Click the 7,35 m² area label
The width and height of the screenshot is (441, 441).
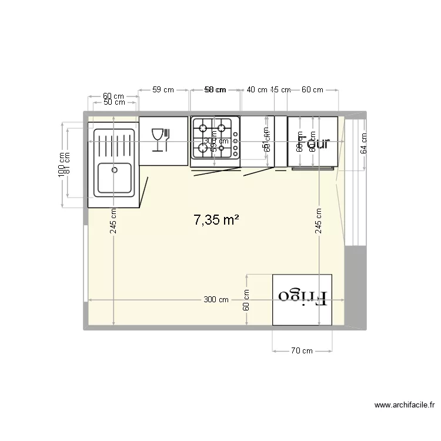(x=216, y=220)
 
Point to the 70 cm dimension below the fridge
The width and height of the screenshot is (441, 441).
(x=302, y=351)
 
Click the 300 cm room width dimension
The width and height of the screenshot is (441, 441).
(x=216, y=300)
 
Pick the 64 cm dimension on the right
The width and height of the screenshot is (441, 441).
(x=363, y=143)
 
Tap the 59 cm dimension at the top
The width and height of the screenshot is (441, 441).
(x=163, y=90)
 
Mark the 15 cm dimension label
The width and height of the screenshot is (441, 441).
(x=280, y=90)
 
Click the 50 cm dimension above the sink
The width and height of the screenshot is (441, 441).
(x=114, y=102)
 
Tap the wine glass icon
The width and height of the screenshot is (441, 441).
(x=156, y=141)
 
